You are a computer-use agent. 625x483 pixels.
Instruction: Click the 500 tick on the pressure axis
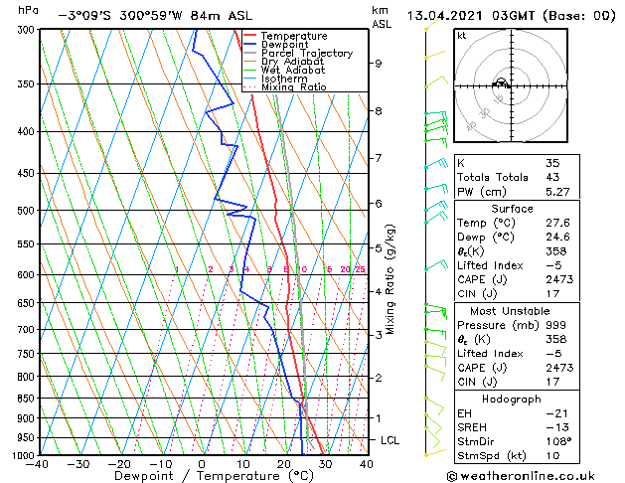(27, 211)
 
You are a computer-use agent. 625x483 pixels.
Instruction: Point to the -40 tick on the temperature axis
(39, 463)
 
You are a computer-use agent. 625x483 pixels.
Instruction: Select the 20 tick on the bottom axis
(283, 463)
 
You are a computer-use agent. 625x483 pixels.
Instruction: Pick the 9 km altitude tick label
(379, 64)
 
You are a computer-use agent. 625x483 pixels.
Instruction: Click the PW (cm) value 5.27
(556, 192)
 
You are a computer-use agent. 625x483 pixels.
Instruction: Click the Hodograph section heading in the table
(513, 398)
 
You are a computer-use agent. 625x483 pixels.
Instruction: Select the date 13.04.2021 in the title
(444, 15)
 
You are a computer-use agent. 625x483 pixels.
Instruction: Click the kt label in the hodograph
(461, 35)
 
